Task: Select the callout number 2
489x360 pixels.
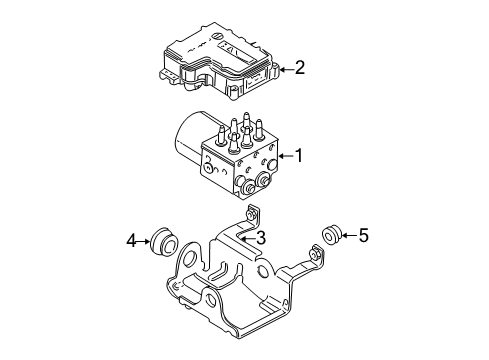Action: (x=297, y=68)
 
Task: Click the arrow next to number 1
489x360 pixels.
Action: (x=282, y=156)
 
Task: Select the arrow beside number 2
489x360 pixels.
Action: (x=284, y=68)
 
